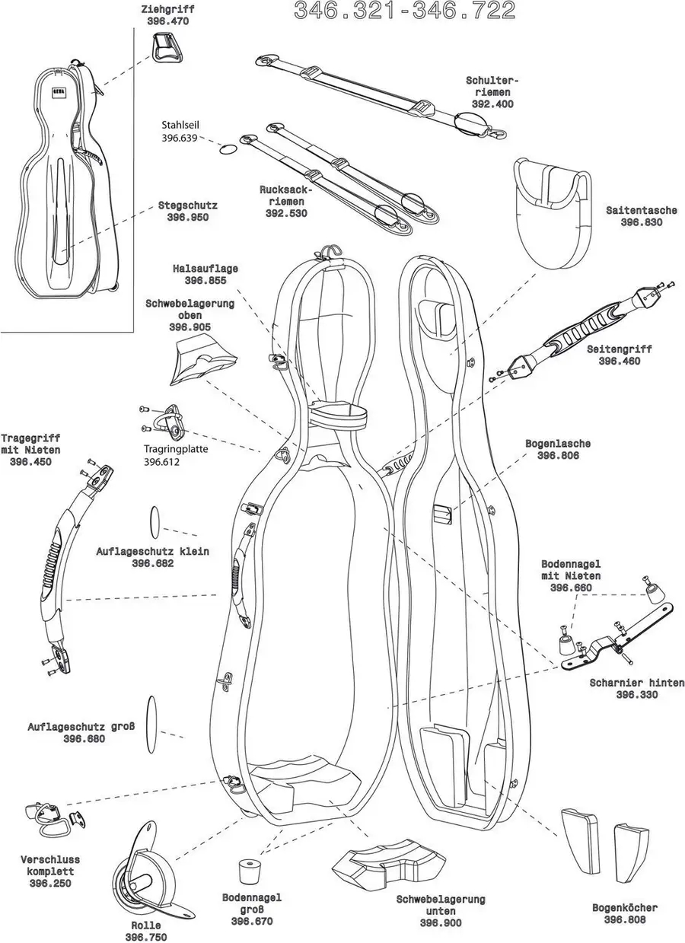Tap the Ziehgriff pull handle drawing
pos(167,53)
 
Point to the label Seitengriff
pos(619,349)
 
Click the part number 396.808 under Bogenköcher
pos(625,919)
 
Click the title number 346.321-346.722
pos(404,11)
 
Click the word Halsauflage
pos(205,269)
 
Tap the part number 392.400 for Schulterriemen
pos(492,104)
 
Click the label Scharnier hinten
pos(636,683)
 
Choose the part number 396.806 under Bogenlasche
pos(558,455)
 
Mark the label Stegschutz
pos(188,205)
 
